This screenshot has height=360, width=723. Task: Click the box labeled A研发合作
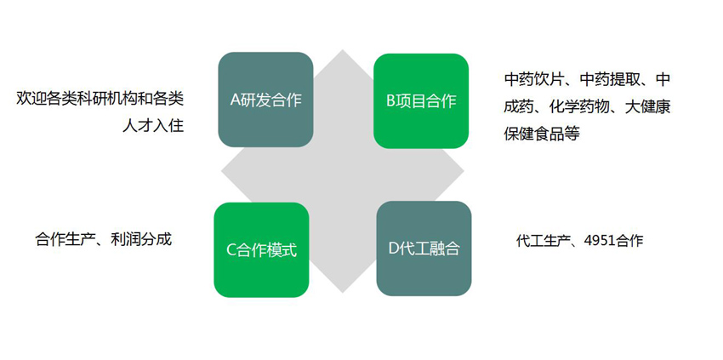click(x=265, y=100)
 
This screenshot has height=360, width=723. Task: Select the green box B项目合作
click(x=421, y=101)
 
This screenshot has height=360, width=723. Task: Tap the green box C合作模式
click(x=261, y=249)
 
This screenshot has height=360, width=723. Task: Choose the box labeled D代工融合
click(x=424, y=249)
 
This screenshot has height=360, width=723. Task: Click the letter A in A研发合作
click(x=235, y=100)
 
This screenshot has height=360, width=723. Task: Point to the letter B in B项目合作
click(x=390, y=101)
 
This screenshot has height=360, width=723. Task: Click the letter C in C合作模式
click(x=231, y=250)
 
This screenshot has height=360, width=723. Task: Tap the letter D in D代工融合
click(x=393, y=249)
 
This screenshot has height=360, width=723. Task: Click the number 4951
click(x=599, y=241)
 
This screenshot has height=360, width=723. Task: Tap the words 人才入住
click(x=153, y=126)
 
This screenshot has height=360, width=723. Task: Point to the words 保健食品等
click(x=542, y=134)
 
